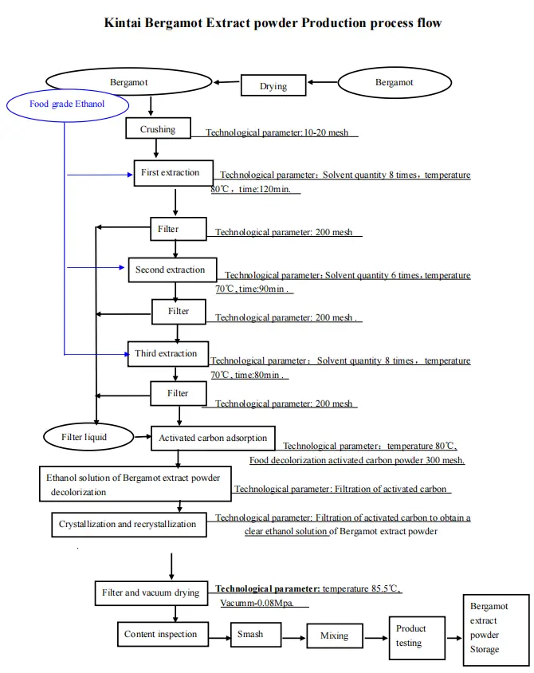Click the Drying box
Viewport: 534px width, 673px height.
pos(273,85)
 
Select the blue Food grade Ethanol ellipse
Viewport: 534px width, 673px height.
pos(66,104)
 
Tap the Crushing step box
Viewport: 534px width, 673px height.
pos(158,129)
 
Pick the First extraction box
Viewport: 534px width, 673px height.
pos(172,173)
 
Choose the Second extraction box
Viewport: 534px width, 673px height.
pos(171,270)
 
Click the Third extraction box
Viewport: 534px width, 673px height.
pos(167,353)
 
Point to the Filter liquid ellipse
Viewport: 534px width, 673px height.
pos(84,437)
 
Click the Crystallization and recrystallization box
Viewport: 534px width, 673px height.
pos(128,524)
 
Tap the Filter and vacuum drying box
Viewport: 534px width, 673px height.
pos(151,593)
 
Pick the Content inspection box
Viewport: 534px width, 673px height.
pos(160,635)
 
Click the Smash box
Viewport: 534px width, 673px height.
pos(257,635)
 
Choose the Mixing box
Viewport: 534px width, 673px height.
pos(334,636)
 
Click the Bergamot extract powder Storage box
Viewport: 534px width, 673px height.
pos(495,628)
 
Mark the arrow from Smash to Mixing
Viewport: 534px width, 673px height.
pos(295,636)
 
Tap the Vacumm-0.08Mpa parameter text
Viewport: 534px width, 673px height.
pos(257,604)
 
